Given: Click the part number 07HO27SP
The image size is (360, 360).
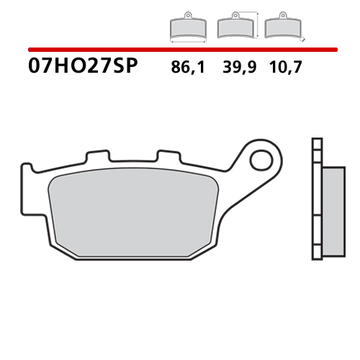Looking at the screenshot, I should coord(82,68).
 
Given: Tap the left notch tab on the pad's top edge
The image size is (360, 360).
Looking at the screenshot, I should coord(94,156).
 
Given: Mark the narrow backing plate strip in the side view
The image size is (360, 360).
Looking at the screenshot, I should coord(315,198).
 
